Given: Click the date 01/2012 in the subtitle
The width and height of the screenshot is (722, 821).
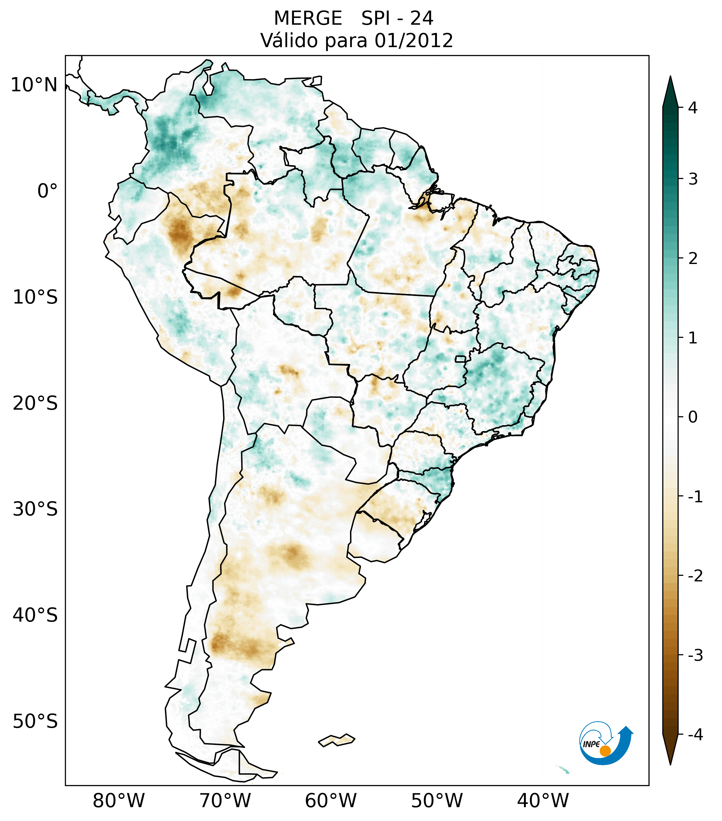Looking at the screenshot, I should point(414,41).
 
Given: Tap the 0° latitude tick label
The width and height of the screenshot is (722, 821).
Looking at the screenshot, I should point(47,191).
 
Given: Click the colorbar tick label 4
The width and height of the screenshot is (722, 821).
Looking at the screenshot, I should point(693,108).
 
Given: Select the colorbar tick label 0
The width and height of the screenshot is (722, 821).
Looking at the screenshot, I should point(693,417).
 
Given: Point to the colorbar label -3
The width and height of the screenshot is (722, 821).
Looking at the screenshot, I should point(695,655).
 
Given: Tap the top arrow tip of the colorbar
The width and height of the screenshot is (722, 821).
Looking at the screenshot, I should point(670,79).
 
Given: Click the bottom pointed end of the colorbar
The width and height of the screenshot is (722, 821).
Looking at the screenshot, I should point(670,762).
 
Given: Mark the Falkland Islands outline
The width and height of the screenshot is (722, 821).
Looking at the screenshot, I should point(336,740).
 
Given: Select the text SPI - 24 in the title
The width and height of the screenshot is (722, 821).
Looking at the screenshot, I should point(397,18).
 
